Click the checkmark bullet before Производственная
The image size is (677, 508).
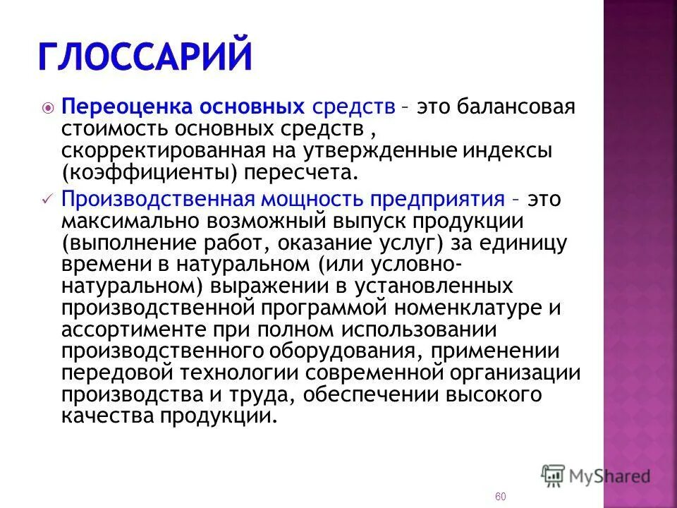tap(47, 200)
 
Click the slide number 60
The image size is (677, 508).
tap(501, 497)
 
